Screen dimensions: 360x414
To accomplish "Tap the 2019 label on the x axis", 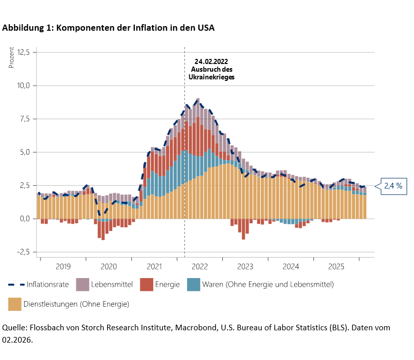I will tap(63, 266).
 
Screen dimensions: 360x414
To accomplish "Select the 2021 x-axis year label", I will tap(154, 266).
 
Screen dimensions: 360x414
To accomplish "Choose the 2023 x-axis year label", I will tap(245, 266).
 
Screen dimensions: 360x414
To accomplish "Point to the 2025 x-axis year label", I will tap(337, 266).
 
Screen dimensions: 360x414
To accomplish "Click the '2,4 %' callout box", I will tap(392, 186).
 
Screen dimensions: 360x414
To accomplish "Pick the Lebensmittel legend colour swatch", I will tap(82, 284).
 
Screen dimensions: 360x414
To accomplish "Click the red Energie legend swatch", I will tap(147, 284).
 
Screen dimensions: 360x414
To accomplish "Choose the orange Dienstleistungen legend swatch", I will tap(15, 304).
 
